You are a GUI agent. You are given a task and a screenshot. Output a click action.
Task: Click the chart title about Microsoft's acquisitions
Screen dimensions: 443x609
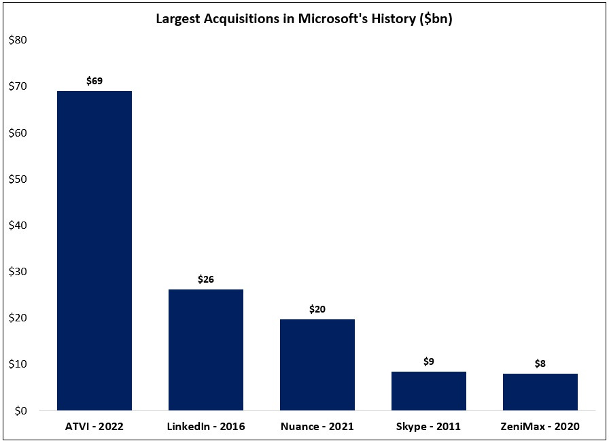click(x=304, y=19)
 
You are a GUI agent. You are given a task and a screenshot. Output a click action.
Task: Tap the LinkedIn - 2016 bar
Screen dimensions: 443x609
click(x=206, y=349)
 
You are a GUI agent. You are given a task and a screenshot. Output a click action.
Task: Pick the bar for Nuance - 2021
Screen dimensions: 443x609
click(x=317, y=364)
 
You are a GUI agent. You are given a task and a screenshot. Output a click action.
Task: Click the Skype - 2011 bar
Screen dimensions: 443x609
click(x=429, y=391)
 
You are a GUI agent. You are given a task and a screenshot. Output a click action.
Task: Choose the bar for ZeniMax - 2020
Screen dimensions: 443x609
click(x=540, y=392)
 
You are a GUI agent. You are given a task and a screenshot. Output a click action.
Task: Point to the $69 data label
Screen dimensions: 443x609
click(x=94, y=81)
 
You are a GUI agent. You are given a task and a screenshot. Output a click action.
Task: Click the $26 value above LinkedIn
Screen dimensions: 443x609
click(x=206, y=279)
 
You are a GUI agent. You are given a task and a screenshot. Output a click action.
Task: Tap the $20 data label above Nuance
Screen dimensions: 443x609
click(x=317, y=309)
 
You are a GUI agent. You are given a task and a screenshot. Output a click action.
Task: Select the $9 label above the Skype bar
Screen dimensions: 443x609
click(x=429, y=361)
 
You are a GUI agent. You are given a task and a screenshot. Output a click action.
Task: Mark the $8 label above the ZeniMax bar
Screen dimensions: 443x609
click(x=540, y=364)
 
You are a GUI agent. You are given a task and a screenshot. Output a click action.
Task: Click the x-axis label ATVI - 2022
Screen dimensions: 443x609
click(x=94, y=427)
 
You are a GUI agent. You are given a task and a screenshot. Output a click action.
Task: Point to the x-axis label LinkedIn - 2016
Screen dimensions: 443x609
click(x=206, y=427)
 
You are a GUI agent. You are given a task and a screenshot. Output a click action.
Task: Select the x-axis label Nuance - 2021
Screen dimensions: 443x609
click(x=317, y=427)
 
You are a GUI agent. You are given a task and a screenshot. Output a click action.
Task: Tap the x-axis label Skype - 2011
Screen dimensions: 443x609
click(x=429, y=427)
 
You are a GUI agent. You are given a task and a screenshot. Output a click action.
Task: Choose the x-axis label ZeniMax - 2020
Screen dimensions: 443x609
click(x=540, y=427)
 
